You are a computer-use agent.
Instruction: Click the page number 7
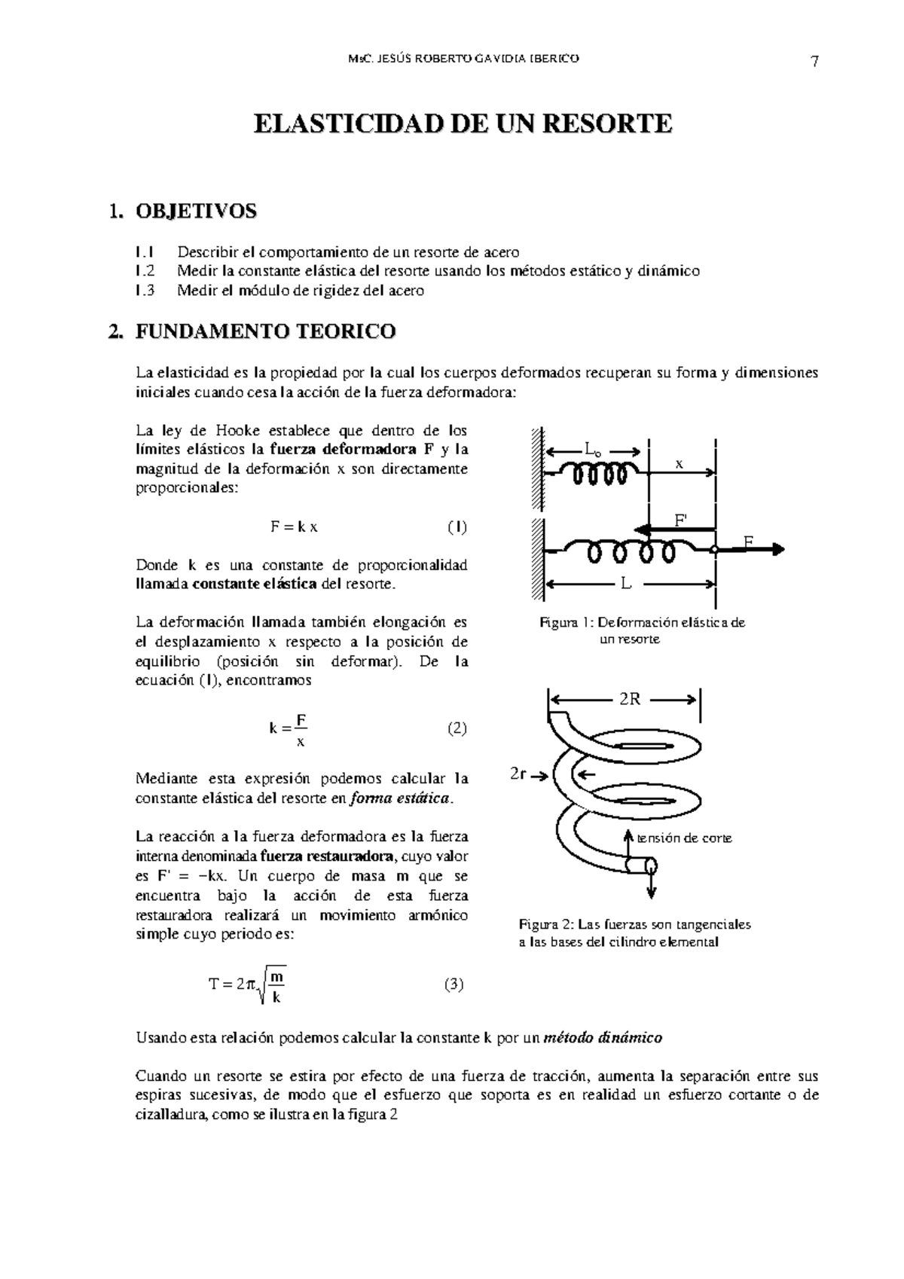tap(814, 63)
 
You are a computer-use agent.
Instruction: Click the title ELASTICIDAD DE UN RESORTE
tap(462, 124)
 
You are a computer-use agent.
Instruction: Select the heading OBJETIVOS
tap(196, 212)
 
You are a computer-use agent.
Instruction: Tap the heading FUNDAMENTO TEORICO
tap(265, 331)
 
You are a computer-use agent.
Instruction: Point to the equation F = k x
tap(294, 527)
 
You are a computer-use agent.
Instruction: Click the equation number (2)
tap(457, 728)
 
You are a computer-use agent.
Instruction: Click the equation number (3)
tap(454, 984)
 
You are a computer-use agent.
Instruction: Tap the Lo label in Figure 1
tap(593, 450)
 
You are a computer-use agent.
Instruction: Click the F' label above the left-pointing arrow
tap(680, 520)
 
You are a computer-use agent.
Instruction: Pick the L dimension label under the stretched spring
tap(625, 584)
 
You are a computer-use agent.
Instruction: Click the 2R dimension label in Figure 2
tap(630, 699)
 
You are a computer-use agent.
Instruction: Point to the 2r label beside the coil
tap(518, 774)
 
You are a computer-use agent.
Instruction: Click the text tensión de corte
tap(684, 838)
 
